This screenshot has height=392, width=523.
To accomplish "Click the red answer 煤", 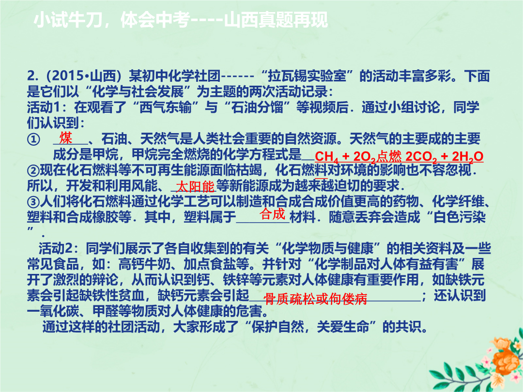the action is (66, 137).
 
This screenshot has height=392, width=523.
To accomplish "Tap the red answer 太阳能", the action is (196, 186).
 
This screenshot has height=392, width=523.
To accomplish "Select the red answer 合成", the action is (273, 214).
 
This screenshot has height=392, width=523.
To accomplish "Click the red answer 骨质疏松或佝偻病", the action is (315, 299).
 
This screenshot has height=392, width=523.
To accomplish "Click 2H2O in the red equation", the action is (468, 156).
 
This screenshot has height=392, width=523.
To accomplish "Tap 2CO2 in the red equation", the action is (421, 156).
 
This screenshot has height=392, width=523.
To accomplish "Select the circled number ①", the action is (33, 139).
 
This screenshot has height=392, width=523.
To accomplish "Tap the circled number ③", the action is (33, 202).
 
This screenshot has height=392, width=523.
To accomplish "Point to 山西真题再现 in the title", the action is (276, 20).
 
